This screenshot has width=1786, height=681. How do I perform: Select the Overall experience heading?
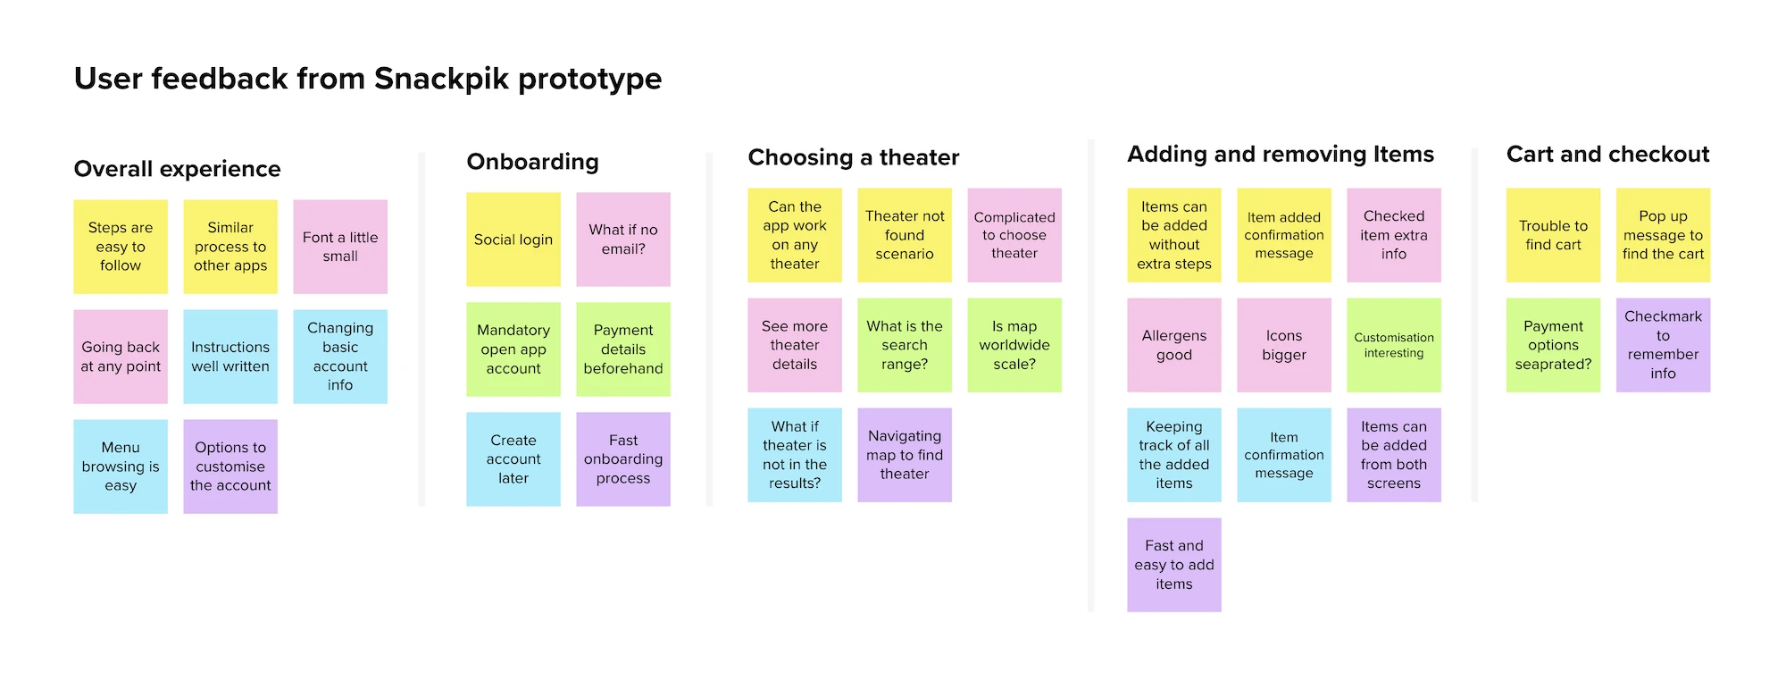click(x=177, y=169)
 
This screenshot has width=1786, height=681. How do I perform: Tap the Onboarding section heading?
click(x=532, y=162)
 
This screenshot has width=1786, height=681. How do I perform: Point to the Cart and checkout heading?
click(x=1607, y=155)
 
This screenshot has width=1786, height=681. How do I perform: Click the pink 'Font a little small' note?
click(x=340, y=247)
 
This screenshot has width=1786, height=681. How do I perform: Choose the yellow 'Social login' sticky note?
click(x=513, y=240)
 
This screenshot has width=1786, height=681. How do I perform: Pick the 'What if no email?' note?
click(x=623, y=240)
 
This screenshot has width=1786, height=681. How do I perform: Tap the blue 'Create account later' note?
click(x=513, y=459)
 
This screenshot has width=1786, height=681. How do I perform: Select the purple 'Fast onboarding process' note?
click(x=623, y=459)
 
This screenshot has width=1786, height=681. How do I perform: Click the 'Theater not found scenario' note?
click(x=905, y=235)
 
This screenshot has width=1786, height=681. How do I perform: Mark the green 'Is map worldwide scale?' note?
click(x=1014, y=345)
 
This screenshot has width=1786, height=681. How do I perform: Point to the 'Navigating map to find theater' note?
click(x=905, y=455)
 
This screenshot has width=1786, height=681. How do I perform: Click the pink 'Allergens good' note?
click(x=1174, y=345)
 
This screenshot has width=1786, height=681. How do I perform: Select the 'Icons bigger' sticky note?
click(x=1284, y=345)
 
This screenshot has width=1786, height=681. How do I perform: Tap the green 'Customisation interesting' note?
click(x=1394, y=345)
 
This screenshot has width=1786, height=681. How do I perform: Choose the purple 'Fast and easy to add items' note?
click(x=1174, y=565)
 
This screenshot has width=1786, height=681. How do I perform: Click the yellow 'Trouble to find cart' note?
click(x=1553, y=235)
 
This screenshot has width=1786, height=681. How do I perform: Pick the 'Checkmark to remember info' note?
click(x=1663, y=345)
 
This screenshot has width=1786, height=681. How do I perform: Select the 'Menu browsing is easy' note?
click(x=121, y=467)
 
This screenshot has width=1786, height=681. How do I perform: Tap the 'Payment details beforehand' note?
click(x=623, y=349)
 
